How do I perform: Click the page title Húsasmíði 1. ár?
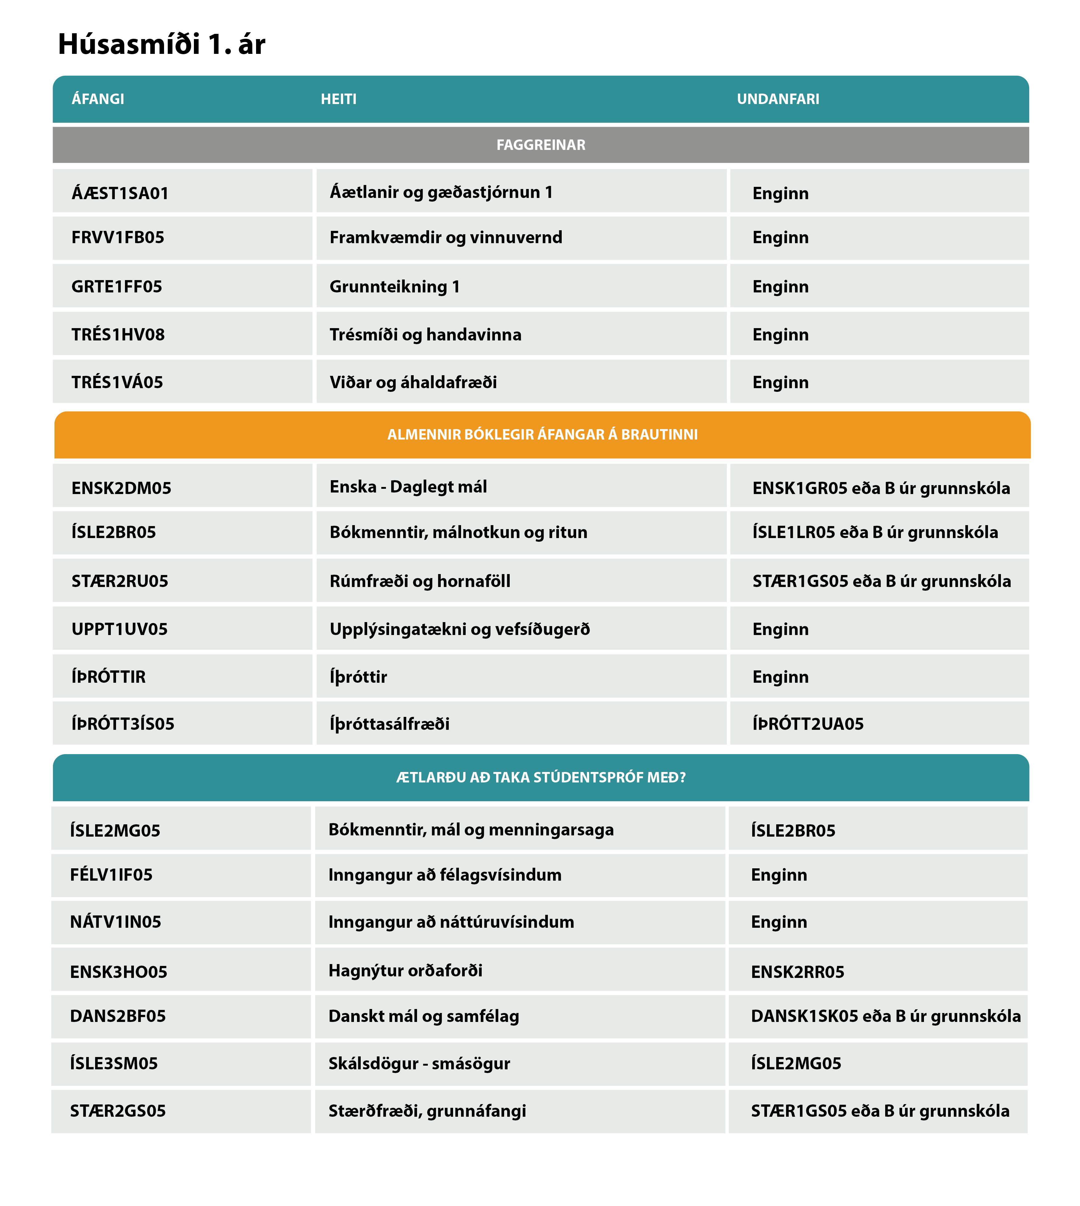click(161, 44)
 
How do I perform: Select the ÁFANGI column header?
click(98, 99)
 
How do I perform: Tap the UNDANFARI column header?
click(778, 99)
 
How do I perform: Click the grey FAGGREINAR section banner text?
click(540, 145)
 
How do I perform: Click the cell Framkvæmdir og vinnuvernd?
click(446, 237)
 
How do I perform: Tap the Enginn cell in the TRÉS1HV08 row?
click(780, 335)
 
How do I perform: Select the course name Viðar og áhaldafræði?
click(413, 382)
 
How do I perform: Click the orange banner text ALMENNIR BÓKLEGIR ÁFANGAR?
click(542, 434)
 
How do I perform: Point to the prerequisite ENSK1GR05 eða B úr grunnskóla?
click(881, 488)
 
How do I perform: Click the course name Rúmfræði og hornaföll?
click(420, 581)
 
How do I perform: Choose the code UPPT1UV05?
click(119, 629)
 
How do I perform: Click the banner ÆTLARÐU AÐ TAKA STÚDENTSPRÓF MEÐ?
click(540, 778)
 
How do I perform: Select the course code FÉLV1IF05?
click(111, 875)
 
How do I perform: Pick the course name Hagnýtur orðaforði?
click(405, 971)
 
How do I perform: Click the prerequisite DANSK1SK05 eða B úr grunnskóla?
click(885, 1016)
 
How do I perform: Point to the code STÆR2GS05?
click(118, 1111)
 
